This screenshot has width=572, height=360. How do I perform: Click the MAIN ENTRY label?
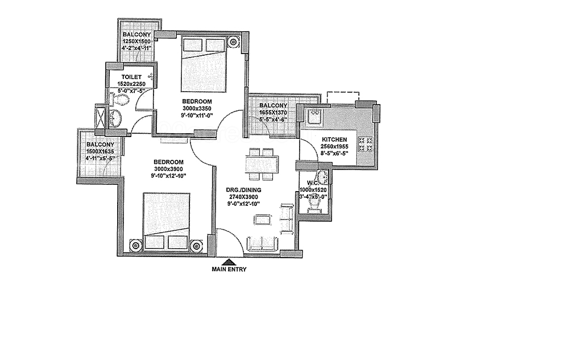(x=229, y=270)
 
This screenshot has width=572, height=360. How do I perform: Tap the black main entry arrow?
(x=229, y=262)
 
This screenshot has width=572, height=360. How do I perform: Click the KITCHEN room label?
(x=334, y=140)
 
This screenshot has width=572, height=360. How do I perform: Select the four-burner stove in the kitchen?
(x=366, y=144)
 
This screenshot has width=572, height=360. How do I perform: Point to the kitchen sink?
(x=314, y=117)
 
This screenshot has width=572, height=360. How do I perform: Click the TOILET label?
(x=131, y=77)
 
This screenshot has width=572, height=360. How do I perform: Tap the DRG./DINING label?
(x=243, y=190)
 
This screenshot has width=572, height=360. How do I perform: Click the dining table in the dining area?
(x=262, y=164)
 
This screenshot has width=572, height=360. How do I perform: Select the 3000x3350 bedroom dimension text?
(x=197, y=108)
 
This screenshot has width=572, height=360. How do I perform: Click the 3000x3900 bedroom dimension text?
(x=168, y=169)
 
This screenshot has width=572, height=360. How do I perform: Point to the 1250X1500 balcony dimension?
(x=136, y=42)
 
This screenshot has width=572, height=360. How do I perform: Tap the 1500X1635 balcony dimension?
(x=100, y=151)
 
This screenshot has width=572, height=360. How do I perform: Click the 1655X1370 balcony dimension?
(x=273, y=113)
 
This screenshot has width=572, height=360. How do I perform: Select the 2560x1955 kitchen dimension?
(x=334, y=147)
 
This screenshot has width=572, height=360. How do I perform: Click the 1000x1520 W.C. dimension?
(x=313, y=190)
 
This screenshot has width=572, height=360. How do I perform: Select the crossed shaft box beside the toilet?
(x=100, y=117)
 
